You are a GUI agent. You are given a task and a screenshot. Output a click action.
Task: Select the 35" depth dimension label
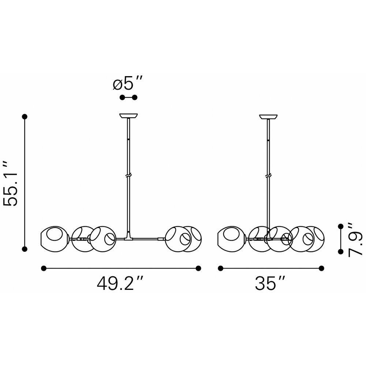click(270, 283)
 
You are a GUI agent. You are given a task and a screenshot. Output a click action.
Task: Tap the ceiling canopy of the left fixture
click(128, 116)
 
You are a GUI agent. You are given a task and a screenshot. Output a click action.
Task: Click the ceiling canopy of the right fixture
click(268, 116)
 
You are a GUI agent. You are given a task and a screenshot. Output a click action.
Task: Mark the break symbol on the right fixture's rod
click(268, 175)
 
